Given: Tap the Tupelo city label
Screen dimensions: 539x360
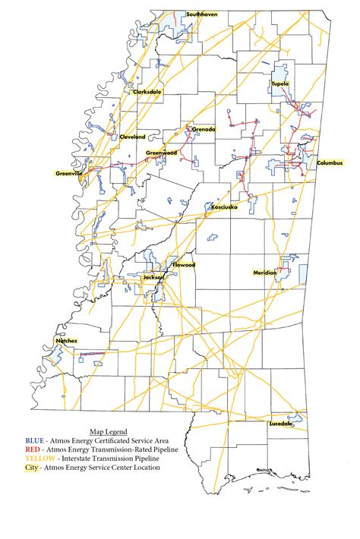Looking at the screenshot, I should [x=283, y=84].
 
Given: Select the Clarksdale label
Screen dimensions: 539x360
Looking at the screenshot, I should [x=147, y=92].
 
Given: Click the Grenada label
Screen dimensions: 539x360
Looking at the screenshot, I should [x=204, y=129].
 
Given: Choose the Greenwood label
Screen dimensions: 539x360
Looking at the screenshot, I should [x=161, y=153].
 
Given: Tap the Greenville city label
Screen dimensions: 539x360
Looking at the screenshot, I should [x=69, y=173].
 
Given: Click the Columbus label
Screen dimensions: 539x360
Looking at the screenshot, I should [x=330, y=163].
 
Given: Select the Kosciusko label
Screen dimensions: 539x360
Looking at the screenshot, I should [x=225, y=206].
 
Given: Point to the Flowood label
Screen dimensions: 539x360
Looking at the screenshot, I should [x=184, y=265].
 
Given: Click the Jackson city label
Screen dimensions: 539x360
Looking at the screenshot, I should [x=153, y=278].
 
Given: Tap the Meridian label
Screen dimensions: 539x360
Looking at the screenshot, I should [x=266, y=273].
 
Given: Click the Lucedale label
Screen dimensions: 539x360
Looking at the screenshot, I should [x=280, y=424].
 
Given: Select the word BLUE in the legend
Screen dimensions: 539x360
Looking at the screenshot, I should [x=34, y=440].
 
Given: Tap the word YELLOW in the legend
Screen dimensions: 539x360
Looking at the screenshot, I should [x=39, y=459].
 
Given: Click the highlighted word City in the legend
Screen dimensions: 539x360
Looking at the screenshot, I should [x=32, y=468].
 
